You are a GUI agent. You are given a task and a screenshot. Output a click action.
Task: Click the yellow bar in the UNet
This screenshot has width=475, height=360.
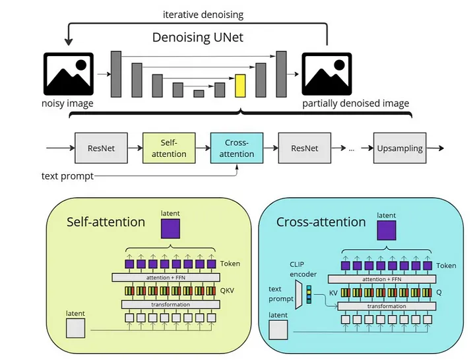(x=240, y=86)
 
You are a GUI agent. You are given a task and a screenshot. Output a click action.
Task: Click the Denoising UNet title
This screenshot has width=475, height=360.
(x=198, y=38)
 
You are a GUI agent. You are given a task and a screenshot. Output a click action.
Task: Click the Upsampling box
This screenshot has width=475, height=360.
(x=399, y=148)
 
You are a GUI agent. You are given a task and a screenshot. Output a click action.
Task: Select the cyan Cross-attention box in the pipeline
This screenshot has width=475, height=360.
(x=237, y=148)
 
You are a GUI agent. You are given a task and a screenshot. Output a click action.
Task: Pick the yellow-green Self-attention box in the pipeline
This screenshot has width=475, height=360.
(x=169, y=148)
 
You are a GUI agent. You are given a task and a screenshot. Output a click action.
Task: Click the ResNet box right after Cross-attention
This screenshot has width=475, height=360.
(x=304, y=148)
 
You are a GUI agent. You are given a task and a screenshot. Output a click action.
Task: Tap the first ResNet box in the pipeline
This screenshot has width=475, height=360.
(x=101, y=148)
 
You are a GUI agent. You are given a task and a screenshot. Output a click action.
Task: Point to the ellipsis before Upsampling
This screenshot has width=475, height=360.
(x=352, y=149)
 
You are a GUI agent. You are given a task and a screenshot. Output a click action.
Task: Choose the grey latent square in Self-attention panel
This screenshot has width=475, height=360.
(x=75, y=328)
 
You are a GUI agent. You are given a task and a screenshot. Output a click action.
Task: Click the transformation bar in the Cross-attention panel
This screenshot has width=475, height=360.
(x=386, y=306)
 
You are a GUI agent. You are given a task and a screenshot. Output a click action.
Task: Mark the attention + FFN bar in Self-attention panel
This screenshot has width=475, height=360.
(x=171, y=277)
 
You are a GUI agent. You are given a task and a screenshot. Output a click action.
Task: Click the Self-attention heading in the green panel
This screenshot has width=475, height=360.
(x=106, y=222)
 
